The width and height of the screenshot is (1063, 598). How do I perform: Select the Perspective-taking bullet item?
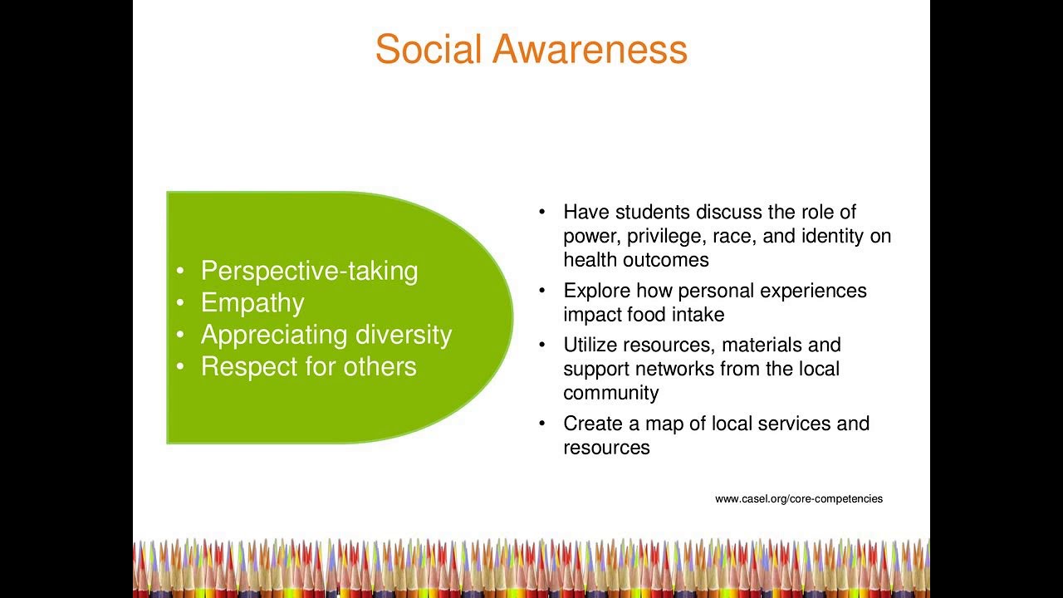309,271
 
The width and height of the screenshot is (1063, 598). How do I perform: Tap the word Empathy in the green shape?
252,302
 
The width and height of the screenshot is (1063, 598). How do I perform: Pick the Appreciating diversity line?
326,335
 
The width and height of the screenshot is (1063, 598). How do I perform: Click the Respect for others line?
308,366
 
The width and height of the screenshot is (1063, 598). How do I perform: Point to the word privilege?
664,237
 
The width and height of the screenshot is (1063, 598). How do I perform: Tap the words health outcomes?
635,260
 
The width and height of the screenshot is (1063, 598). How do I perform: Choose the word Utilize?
590,345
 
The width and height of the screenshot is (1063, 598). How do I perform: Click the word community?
611,393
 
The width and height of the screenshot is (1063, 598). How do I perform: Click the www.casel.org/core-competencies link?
799,499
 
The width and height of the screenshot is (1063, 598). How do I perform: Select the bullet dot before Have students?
541,213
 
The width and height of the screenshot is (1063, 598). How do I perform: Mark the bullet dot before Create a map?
541,424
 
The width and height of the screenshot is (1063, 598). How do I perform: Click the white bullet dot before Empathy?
180,303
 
